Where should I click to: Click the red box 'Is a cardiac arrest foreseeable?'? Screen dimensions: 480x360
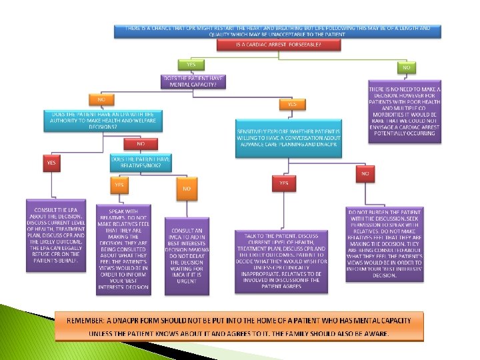coord(279,45)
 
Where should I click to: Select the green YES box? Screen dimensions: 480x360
coord(191,65)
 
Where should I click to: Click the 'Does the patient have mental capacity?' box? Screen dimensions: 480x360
coord(193,82)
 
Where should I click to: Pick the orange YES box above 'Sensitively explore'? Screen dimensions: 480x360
coord(291,104)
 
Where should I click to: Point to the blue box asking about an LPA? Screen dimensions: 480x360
coord(103,121)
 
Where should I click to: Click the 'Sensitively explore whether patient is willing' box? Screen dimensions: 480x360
coord(288,139)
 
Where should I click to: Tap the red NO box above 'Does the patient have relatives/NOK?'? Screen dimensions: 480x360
coord(141,143)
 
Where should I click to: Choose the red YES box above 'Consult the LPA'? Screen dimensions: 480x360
coord(51,161)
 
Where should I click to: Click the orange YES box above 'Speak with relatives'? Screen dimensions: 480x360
coord(119,185)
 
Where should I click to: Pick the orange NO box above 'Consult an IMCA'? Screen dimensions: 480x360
coord(187,189)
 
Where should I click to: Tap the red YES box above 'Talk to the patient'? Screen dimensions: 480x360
coord(284,182)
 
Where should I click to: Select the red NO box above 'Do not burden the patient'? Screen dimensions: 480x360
coord(365,173)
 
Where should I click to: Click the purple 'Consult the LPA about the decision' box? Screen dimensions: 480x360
coord(57,235)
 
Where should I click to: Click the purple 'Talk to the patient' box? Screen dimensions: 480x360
coord(281,261)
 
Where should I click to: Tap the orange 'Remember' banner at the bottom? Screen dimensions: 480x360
coord(239,327)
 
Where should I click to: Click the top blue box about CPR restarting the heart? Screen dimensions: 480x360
coord(279,31)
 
